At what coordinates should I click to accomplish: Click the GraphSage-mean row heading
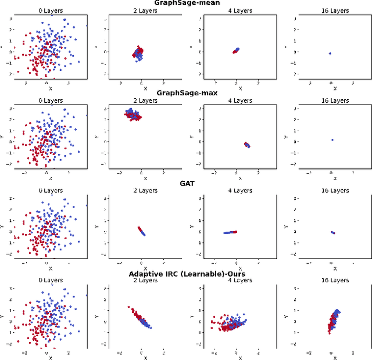pyautogui.click(x=186, y=3)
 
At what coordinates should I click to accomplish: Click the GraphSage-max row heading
pyautogui.click(x=186, y=92)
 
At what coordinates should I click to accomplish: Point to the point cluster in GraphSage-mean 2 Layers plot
pyautogui.click(x=138, y=53)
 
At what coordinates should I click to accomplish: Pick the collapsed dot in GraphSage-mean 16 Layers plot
pyautogui.click(x=330, y=53)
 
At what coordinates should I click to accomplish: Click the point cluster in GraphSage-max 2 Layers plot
pyautogui.click(x=134, y=114)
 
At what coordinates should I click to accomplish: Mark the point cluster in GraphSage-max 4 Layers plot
pyautogui.click(x=246, y=145)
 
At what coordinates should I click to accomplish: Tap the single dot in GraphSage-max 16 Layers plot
pyautogui.click(x=332, y=140)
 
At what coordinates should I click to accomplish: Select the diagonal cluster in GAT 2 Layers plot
pyautogui.click(x=141, y=231)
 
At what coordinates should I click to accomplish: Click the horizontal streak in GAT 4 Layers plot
pyautogui.click(x=230, y=232)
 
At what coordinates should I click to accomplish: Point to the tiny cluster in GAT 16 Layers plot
pyautogui.click(x=332, y=232)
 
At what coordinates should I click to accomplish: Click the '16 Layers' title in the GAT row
pyautogui.click(x=332, y=190)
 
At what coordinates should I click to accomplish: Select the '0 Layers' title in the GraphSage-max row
pyautogui.click(x=48, y=100)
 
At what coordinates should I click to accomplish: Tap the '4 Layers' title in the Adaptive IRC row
pyautogui.click(x=237, y=280)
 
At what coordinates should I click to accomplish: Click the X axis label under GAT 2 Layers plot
pyautogui.click(x=141, y=268)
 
